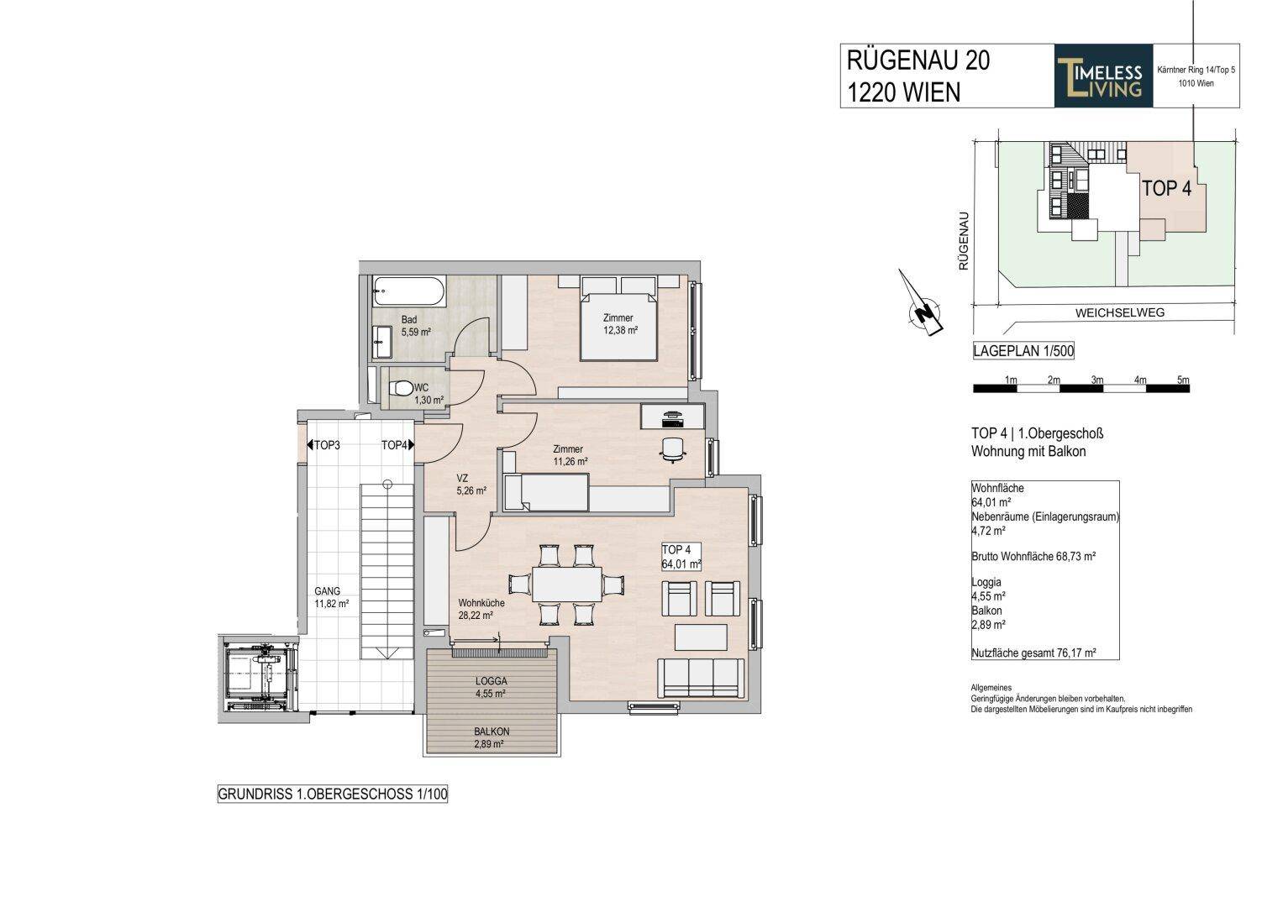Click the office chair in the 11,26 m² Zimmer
(x=672, y=449)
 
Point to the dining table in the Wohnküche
(x=567, y=585)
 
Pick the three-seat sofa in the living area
(x=700, y=678)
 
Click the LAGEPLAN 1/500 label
(x=1023, y=351)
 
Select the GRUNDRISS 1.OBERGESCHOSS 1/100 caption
(x=332, y=794)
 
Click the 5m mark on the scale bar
(x=1182, y=380)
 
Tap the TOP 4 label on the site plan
(x=1165, y=189)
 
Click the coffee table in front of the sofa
(x=701, y=637)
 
